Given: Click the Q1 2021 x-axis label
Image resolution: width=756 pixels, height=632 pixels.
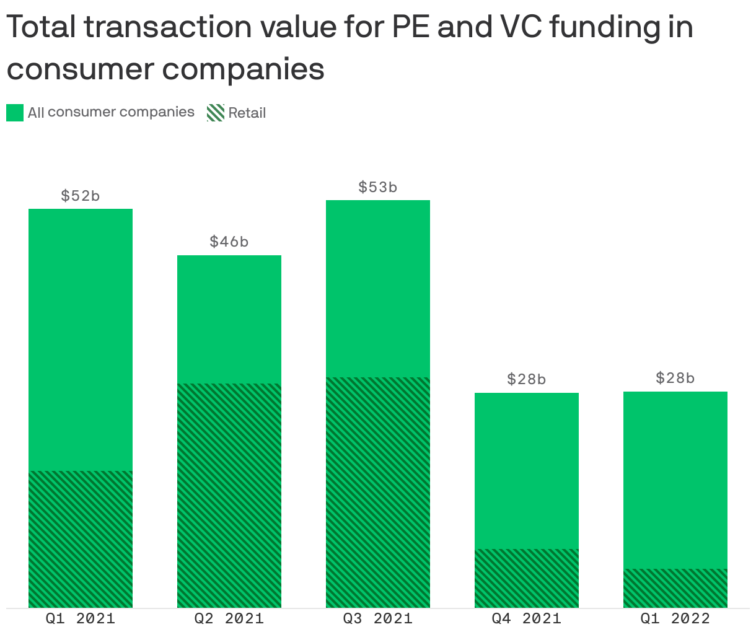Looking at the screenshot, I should point(81,618).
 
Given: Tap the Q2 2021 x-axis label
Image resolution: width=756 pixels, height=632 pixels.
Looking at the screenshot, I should point(229,618).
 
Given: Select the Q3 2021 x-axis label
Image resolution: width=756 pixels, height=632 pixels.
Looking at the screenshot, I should point(378,618).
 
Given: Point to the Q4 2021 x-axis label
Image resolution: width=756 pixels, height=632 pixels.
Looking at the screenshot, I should point(527,618).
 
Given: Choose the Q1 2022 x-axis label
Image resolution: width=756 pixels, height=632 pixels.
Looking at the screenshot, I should point(675,618).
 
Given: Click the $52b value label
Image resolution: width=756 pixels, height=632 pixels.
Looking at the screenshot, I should point(81,196).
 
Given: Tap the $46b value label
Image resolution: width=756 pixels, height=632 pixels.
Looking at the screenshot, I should point(229,242).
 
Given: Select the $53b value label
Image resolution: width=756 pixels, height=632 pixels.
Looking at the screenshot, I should point(378,187).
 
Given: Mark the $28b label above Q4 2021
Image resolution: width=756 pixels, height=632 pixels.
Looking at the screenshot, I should point(527,379).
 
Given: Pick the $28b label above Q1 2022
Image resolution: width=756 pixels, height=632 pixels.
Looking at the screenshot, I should point(675,378).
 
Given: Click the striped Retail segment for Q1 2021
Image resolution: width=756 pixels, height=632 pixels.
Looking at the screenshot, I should point(81,539).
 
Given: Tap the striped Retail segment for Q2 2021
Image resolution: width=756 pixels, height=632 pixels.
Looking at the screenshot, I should point(229,496).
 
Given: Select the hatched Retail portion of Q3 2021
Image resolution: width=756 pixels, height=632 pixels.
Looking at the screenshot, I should point(378,493).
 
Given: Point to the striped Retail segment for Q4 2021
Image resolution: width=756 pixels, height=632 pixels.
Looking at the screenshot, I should point(527,578).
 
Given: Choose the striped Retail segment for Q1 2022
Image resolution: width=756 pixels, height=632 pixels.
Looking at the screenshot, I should point(675,588).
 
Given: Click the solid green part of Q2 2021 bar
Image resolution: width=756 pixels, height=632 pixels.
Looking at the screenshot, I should point(229,319).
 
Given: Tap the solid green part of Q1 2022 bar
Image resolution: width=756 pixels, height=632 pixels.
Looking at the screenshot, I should point(675,480).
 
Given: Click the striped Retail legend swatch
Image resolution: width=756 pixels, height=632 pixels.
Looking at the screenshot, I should point(215,113).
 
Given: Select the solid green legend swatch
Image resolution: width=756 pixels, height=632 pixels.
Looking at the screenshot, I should point(15,113).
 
